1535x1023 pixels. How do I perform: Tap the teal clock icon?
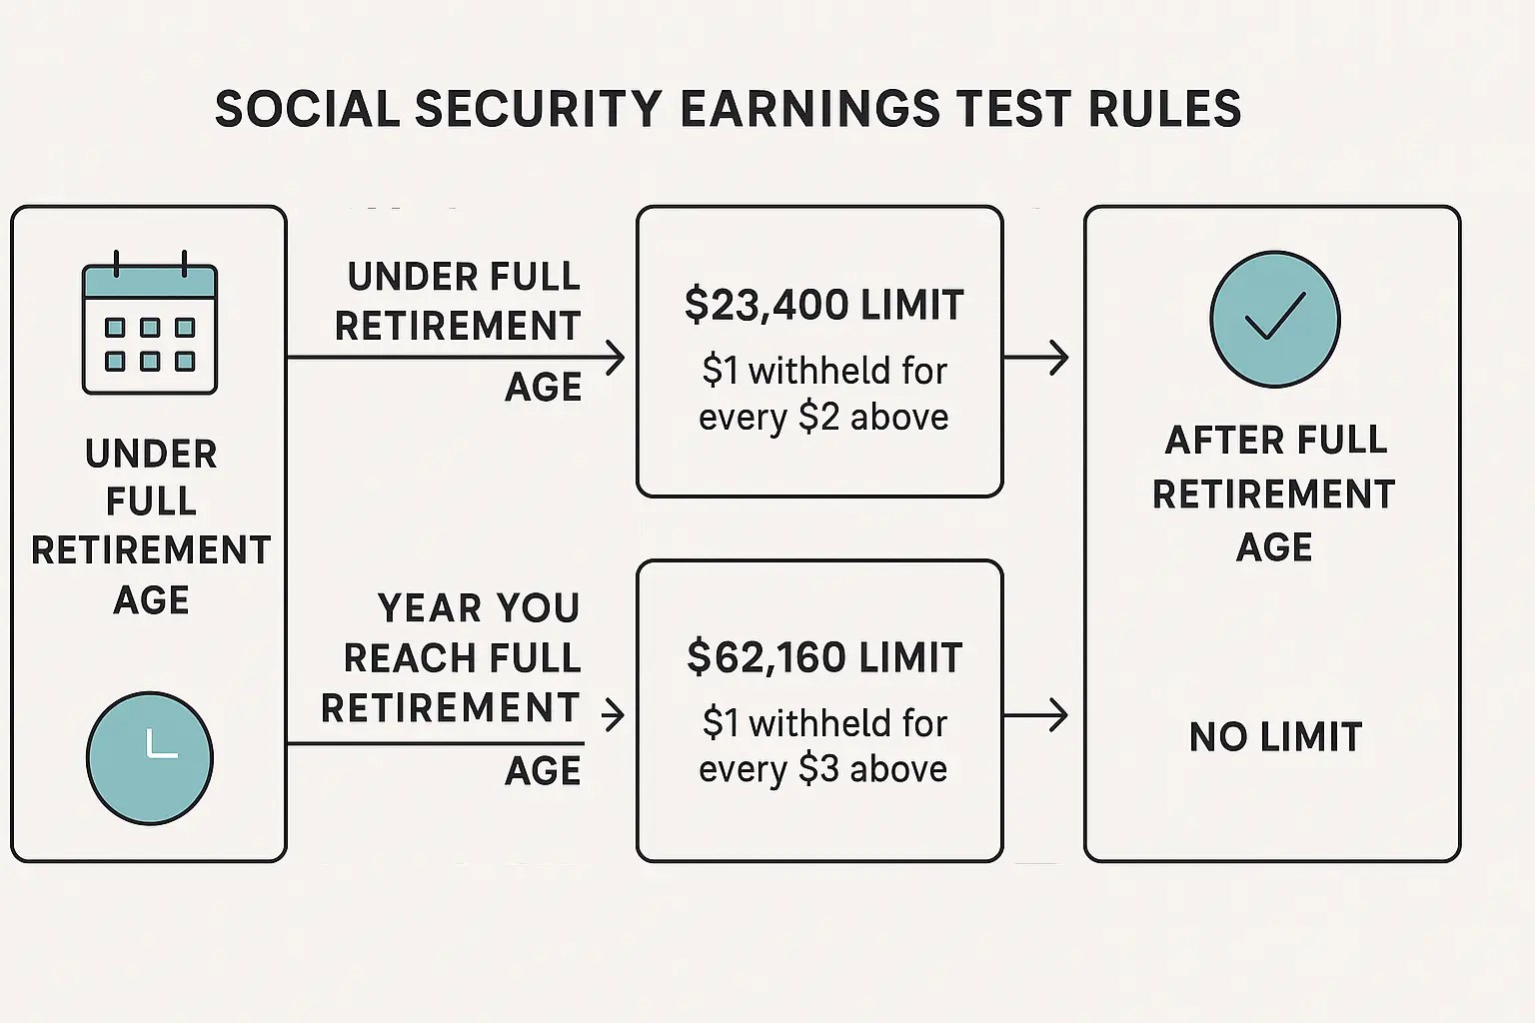(x=150, y=757)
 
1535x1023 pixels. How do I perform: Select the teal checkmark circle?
(x=1274, y=319)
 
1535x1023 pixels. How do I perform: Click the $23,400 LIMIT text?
(x=823, y=305)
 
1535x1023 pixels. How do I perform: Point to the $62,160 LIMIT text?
(x=824, y=657)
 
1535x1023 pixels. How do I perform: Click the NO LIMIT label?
(x=1275, y=737)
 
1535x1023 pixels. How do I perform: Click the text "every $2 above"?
(x=823, y=417)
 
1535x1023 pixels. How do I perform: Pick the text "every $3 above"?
(x=823, y=769)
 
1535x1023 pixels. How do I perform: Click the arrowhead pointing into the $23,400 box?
(x=615, y=358)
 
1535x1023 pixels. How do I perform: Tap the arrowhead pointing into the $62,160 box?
(x=614, y=714)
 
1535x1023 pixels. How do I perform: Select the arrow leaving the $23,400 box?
(x=1036, y=358)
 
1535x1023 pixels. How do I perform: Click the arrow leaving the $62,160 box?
(x=1036, y=715)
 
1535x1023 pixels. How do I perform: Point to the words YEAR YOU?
(x=478, y=607)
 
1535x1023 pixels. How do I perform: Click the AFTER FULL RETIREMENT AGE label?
(x=1274, y=494)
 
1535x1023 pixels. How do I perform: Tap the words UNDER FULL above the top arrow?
(x=464, y=277)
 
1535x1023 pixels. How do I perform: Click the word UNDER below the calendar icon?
(x=151, y=454)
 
